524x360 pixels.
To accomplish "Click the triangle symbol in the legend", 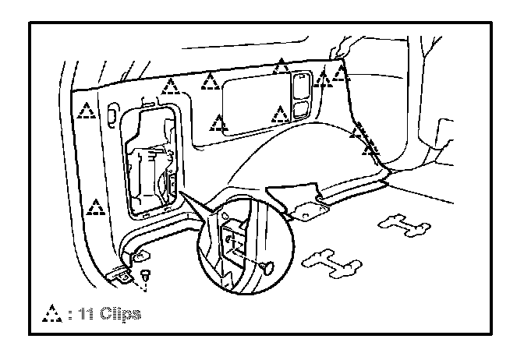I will tap(51, 314).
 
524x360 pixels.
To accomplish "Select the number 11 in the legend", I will tap(85, 314).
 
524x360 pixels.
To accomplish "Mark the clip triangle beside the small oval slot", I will tap(87, 111).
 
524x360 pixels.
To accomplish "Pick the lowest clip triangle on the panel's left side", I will tap(96, 208).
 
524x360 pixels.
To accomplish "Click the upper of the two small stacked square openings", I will tap(300, 82).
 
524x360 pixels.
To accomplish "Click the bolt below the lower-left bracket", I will tap(147, 274).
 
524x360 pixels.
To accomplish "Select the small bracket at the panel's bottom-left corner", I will tap(122, 274).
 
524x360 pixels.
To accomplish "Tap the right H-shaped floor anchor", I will tap(403, 227).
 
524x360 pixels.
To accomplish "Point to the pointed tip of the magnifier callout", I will tap(180, 192).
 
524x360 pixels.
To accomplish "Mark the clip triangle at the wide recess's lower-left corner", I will tap(219, 122).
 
